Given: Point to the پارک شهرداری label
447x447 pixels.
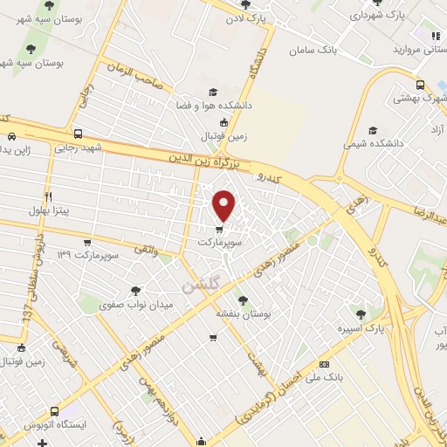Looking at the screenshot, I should click(x=384, y=16).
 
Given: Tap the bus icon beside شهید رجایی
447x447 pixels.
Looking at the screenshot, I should click(x=79, y=134).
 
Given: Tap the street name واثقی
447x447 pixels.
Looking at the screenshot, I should click(x=144, y=251).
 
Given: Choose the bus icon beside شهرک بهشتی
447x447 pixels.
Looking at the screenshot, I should click(x=421, y=86).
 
